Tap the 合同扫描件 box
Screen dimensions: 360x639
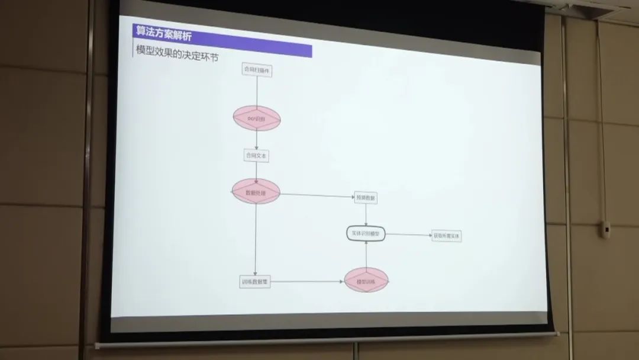257,70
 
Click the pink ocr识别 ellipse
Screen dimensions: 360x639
256,119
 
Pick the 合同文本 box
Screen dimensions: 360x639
256,156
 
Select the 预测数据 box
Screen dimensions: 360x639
366,197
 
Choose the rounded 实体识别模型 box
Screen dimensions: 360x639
366,234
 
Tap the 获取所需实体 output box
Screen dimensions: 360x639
447,236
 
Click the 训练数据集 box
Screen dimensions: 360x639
255,282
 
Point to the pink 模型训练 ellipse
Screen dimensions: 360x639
366,281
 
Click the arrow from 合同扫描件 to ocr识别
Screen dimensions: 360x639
257,91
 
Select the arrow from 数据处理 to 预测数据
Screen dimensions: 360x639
317,195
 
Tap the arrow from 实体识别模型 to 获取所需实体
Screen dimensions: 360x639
408,235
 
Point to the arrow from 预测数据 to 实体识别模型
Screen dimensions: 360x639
366,215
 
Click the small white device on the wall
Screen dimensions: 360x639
606,229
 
